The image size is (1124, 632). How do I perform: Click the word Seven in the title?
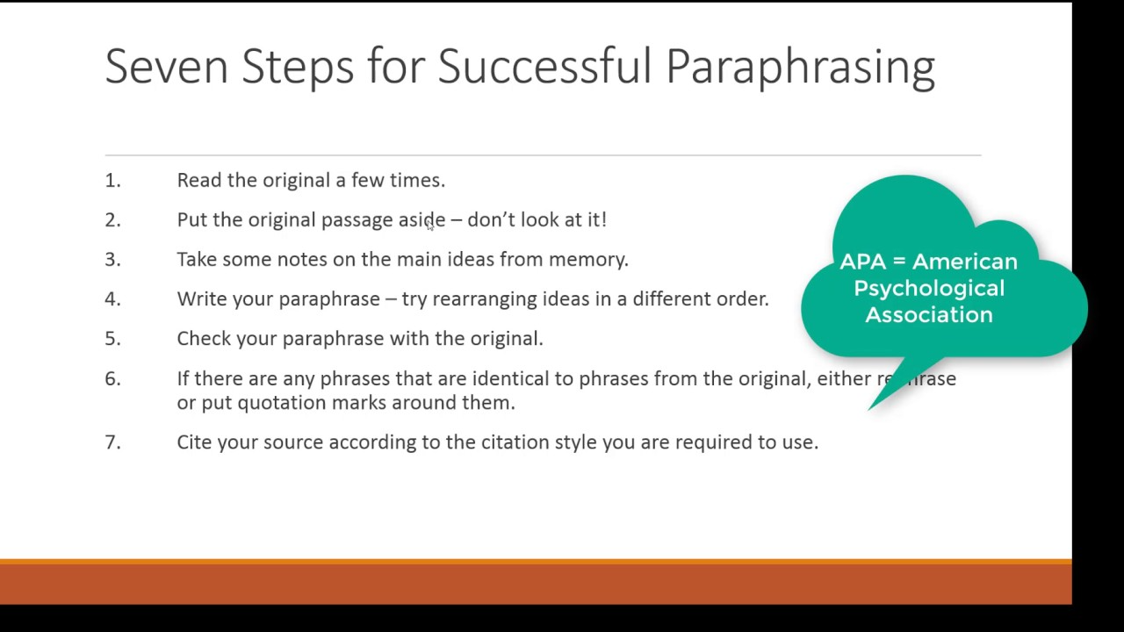pos(167,66)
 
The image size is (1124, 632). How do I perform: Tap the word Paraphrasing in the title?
pos(800,69)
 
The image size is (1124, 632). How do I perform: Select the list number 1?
pos(113,181)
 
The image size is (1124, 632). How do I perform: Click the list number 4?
pos(113,299)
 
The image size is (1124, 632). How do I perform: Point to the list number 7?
pos(113,442)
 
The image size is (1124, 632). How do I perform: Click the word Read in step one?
pos(199,180)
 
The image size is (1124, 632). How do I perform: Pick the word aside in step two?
pos(422,219)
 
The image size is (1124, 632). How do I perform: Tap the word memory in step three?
pos(588,260)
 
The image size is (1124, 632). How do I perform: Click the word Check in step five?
pos(204,339)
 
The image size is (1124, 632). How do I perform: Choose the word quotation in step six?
pos(282,403)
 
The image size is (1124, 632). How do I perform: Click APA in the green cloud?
pos(863,262)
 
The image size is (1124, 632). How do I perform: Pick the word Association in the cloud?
pos(929,315)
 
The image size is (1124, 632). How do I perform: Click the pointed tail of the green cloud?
pos(869,409)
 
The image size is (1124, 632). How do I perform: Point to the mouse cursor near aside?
pos(430,226)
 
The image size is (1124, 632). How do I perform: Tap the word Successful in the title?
pos(545,66)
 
